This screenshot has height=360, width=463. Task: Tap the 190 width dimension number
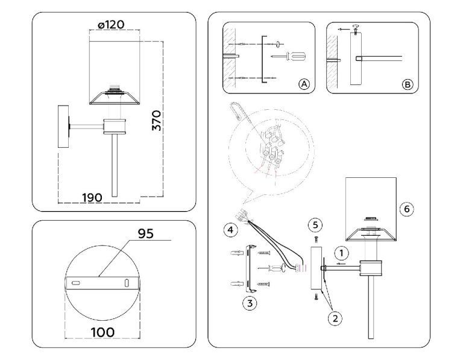[x=91, y=197]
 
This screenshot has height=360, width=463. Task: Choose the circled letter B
[x=408, y=84]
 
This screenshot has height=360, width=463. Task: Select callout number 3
[x=248, y=303]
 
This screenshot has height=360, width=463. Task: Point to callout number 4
[x=229, y=229]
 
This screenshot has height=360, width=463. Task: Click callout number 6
[x=407, y=209]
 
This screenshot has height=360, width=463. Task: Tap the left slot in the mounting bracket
[x=76, y=282]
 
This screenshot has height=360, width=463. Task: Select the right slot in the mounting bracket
[x=127, y=282]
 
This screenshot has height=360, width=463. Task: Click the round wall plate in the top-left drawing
[x=63, y=126]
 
